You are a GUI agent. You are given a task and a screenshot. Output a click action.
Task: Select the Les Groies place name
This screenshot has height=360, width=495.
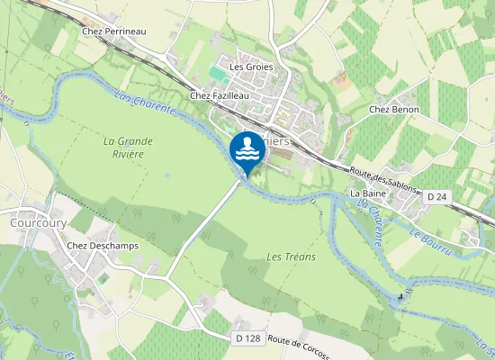tap(251, 67)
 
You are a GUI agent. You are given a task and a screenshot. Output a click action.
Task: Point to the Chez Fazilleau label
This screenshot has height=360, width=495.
tap(219, 94)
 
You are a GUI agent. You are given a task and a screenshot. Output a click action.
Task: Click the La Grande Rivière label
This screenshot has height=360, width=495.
tap(128, 147)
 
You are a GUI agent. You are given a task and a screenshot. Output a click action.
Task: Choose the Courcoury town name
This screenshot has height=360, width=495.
tap(34, 222)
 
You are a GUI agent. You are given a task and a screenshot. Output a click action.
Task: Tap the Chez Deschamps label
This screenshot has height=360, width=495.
tap(101, 245)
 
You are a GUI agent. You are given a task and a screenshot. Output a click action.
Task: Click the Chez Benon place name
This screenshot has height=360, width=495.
tap(395, 110)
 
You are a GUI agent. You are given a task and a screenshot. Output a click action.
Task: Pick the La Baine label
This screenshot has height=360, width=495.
tap(367, 193)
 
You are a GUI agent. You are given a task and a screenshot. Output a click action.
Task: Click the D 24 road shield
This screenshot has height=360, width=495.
tap(437, 196)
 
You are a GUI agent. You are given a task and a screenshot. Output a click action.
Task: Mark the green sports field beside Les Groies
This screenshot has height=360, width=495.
tap(219, 72)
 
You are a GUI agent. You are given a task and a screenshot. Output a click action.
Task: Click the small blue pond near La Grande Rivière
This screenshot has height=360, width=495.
tap(166, 175)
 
